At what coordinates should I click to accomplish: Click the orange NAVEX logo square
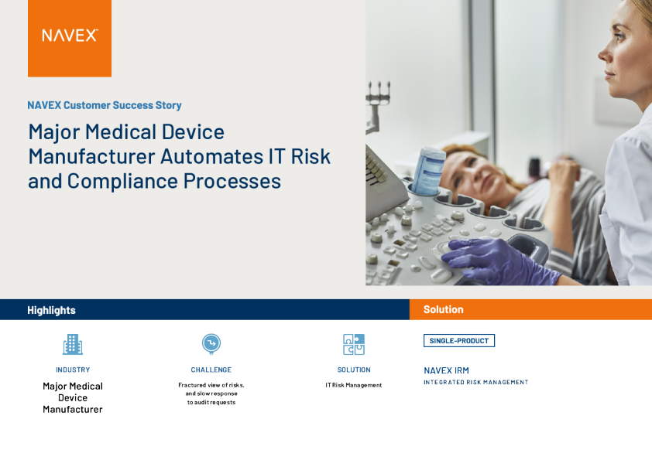click(70, 38)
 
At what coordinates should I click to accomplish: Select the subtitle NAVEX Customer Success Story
click(105, 105)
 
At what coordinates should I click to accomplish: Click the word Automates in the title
click(212, 156)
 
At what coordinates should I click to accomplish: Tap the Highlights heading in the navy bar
click(51, 310)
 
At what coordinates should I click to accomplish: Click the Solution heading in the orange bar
click(443, 309)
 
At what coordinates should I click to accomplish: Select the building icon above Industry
click(73, 344)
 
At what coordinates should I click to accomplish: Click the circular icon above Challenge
click(211, 344)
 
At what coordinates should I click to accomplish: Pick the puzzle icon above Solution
click(354, 344)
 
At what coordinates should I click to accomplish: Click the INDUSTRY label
click(73, 370)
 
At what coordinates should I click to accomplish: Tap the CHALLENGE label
click(211, 370)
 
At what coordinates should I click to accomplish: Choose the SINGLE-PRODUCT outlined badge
click(459, 340)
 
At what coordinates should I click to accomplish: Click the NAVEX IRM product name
click(446, 370)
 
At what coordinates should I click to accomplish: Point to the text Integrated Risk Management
click(475, 382)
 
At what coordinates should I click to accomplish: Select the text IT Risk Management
click(354, 385)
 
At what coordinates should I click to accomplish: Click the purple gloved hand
click(499, 260)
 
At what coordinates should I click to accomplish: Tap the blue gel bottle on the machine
click(428, 171)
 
